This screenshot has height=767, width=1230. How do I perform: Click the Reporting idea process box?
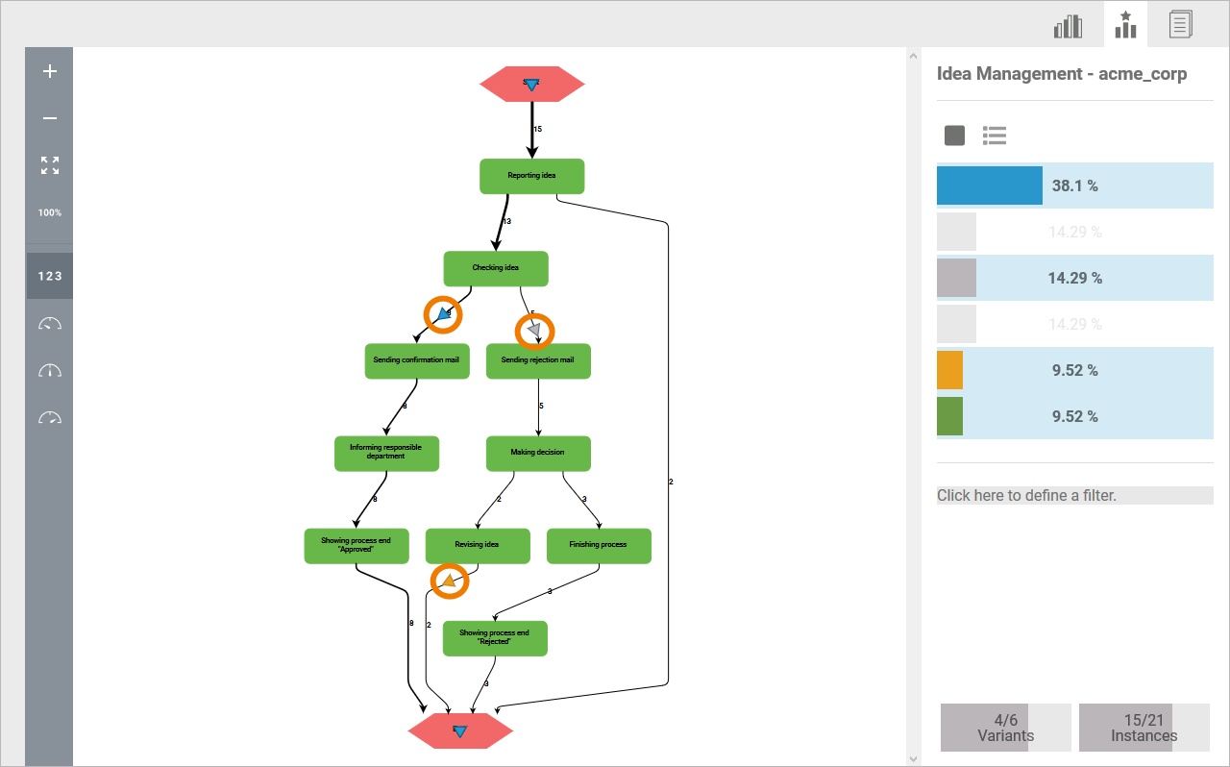click(x=531, y=176)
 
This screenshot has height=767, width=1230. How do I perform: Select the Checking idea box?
click(x=496, y=268)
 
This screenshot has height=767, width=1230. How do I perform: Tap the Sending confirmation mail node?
click(x=416, y=360)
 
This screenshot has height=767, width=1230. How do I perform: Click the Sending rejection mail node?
click(x=538, y=360)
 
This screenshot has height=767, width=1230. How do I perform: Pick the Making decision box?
click(x=538, y=453)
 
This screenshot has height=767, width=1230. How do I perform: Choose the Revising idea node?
click(x=477, y=545)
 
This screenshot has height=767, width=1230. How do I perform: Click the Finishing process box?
click(x=598, y=545)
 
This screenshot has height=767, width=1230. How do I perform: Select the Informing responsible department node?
click(x=386, y=453)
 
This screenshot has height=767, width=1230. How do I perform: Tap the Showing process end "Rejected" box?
click(x=495, y=638)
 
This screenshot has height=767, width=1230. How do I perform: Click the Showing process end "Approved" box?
click(x=357, y=545)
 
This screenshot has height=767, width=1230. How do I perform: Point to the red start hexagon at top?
click(x=531, y=85)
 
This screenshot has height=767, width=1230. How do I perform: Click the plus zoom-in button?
click(x=50, y=71)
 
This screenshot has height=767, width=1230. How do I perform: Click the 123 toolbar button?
click(x=50, y=276)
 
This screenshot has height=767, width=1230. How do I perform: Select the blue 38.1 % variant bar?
click(x=1074, y=186)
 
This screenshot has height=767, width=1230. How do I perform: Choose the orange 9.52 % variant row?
click(x=1074, y=370)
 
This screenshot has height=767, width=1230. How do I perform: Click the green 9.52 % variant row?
click(x=1074, y=416)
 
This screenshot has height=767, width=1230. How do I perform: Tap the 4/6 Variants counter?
click(x=1005, y=728)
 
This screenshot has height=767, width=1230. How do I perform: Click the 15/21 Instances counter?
click(x=1144, y=728)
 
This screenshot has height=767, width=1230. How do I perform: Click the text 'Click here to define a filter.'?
click(x=1026, y=496)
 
